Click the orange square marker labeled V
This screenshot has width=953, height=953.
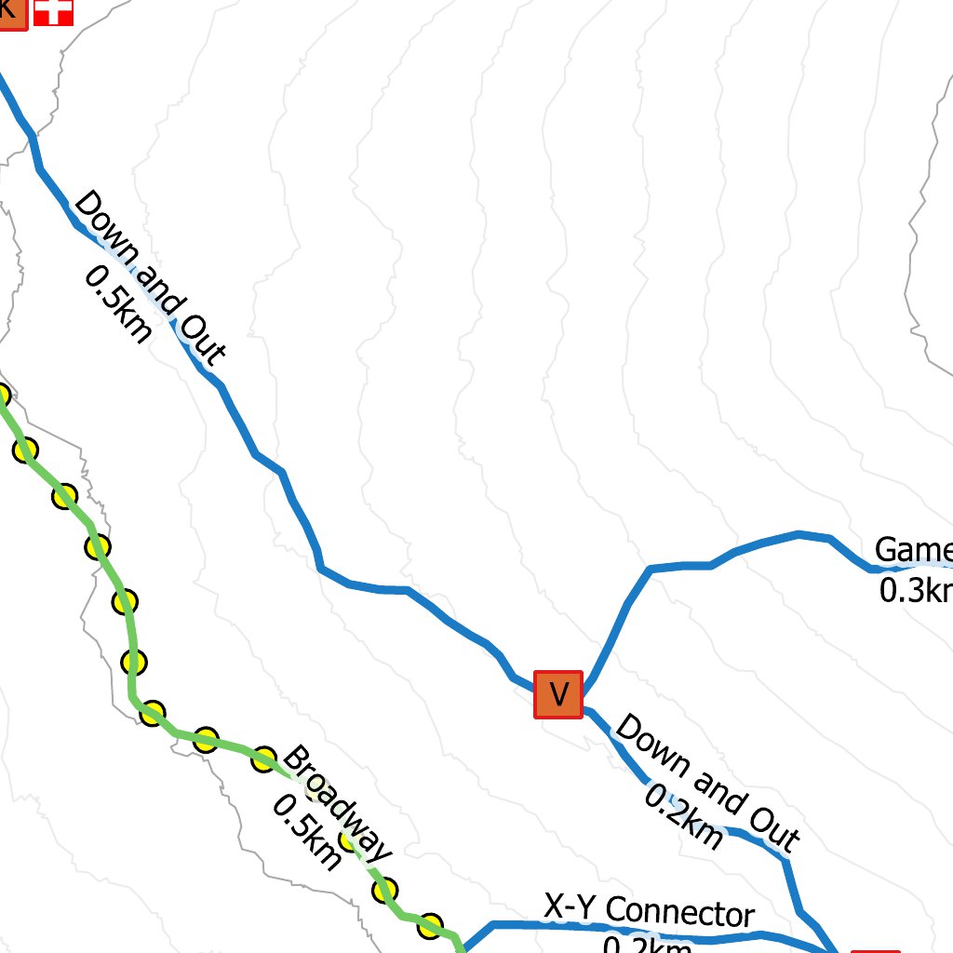pos(557,694)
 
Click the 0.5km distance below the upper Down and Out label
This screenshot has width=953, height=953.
pos(118,303)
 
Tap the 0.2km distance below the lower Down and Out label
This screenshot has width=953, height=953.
pos(684,817)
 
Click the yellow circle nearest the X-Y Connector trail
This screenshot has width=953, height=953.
pos(430,926)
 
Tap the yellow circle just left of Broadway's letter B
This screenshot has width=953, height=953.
pos(265,758)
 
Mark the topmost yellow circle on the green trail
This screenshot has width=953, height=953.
pos(2,395)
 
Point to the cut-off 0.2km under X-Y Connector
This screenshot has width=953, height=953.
pos(648,946)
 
